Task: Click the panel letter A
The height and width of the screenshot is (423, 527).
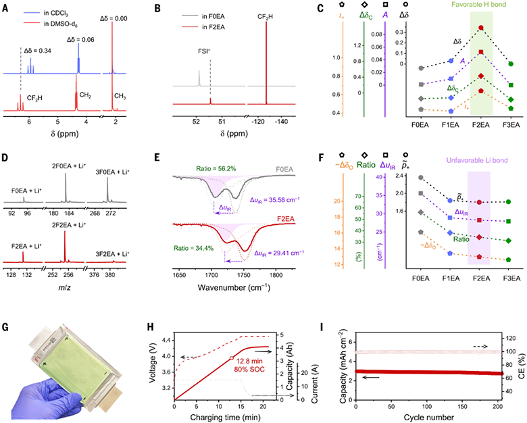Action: click(x=5, y=7)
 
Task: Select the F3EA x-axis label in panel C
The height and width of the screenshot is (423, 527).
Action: click(x=511, y=125)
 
